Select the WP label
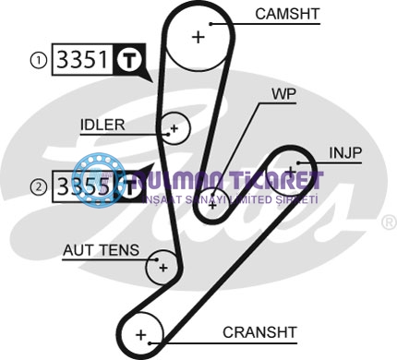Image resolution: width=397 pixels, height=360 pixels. tap(283, 93)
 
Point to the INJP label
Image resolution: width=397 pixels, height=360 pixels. tap(346, 150)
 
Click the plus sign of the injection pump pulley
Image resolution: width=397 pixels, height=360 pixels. tap(292, 171)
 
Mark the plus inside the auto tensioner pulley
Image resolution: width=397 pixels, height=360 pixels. tap(162, 268)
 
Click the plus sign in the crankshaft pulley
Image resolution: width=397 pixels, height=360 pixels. tap(141, 333)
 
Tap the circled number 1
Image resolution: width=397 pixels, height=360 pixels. tap(38, 61)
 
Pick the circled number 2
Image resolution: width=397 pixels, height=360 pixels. tap(38, 186)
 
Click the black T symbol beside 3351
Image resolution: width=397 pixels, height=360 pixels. tap(130, 61)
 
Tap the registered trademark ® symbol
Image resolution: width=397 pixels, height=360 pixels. tap(389, 222)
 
